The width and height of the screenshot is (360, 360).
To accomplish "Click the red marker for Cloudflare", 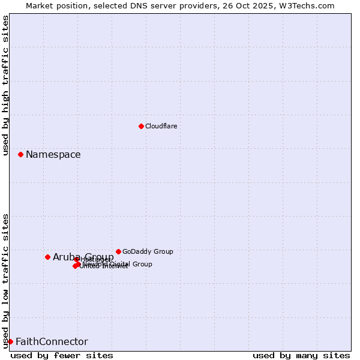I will [141, 126].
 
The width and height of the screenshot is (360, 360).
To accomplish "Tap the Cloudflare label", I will [161, 126].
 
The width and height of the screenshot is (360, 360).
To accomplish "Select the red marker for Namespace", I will [20, 154].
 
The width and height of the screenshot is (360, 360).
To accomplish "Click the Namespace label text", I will [53, 155].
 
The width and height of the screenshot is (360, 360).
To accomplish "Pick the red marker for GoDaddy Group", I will [118, 251].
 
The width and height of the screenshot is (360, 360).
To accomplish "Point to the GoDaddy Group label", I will [147, 251].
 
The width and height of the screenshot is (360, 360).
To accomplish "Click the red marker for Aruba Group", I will [47, 257].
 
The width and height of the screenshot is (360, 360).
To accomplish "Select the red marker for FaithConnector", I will [10, 341].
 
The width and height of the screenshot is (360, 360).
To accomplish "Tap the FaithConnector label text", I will [52, 342].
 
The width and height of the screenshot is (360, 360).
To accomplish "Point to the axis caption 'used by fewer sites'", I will [62, 355].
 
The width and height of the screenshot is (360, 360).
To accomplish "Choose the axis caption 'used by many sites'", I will [301, 355].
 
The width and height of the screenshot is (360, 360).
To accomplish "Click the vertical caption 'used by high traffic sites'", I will [6, 85].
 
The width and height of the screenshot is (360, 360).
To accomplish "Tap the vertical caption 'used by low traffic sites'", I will [6, 281].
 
